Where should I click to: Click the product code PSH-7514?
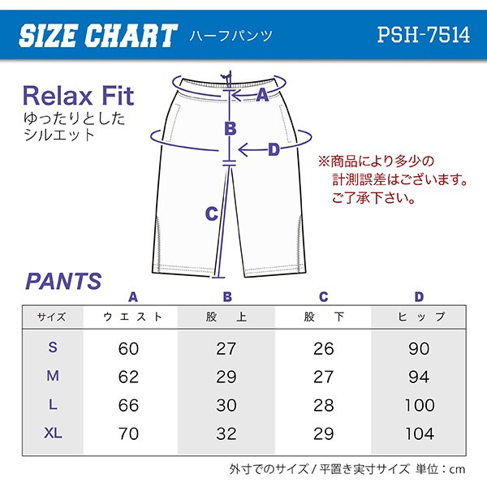(x=424, y=34)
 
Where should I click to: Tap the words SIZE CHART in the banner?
(x=98, y=36)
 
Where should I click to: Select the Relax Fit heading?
(x=78, y=96)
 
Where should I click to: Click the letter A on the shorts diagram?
(x=262, y=95)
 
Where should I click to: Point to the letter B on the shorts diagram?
(x=231, y=128)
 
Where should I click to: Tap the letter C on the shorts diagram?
(x=212, y=213)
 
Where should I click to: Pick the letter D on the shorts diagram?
(x=274, y=149)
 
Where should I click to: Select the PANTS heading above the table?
(x=63, y=281)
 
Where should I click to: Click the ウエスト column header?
(x=132, y=317)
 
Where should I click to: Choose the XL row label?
(x=53, y=433)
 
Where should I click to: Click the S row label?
(x=53, y=347)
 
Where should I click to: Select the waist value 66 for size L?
(x=128, y=405)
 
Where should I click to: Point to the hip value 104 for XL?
(x=420, y=433)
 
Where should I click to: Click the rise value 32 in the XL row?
(x=226, y=433)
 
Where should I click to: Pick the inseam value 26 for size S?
(x=324, y=348)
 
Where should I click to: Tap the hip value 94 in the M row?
(x=419, y=377)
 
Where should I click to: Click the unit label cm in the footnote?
(x=458, y=470)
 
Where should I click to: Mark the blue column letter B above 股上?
(x=227, y=297)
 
